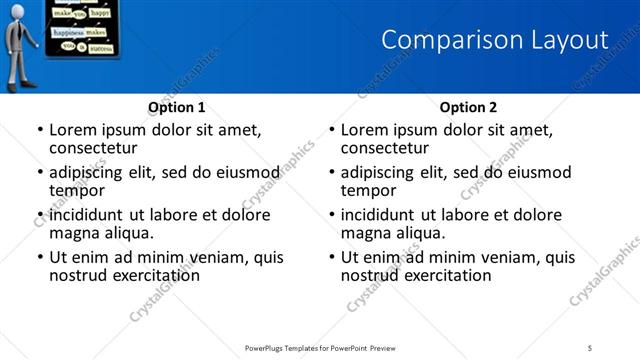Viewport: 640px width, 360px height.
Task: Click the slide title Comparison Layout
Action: click(x=495, y=40)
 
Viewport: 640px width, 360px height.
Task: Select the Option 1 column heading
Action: click(x=177, y=107)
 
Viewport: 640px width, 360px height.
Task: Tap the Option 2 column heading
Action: click(x=469, y=107)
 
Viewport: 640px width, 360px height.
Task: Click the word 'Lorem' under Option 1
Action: click(x=72, y=130)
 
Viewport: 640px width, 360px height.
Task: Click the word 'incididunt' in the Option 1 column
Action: click(x=88, y=215)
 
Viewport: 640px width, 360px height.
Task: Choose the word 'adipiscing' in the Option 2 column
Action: click(x=379, y=172)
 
